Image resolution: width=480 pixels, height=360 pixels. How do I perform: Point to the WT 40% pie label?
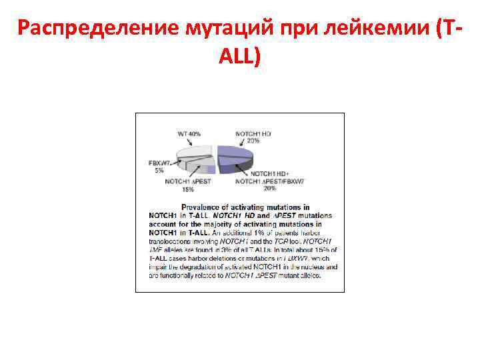pos(189,134)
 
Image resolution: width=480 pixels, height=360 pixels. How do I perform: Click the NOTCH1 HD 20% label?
pos(253,137)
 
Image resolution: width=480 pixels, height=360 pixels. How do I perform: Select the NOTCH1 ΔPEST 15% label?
pos(188,185)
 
